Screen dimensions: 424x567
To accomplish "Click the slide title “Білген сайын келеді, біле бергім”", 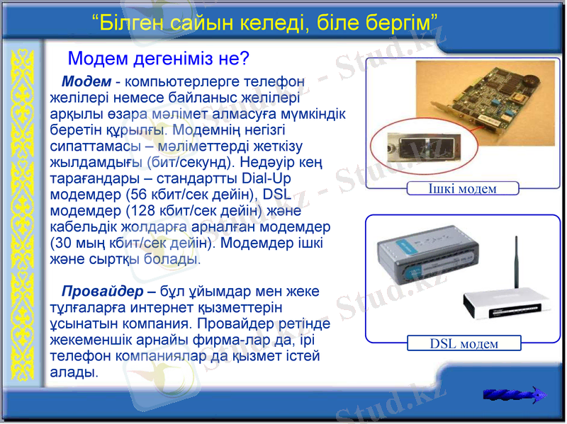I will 264,23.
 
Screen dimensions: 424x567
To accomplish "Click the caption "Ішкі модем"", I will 462,188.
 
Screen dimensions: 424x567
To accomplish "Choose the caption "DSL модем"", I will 464,344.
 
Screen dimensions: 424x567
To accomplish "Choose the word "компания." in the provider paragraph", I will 155,324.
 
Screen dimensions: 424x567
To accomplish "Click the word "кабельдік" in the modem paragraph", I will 81,227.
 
